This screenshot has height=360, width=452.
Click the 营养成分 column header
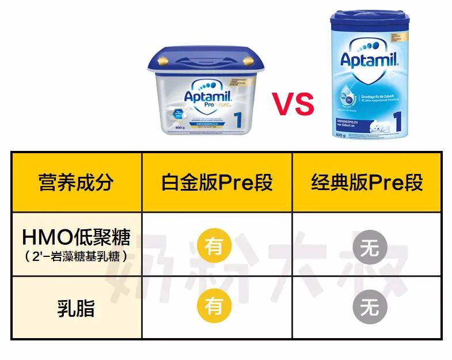(x=76, y=182)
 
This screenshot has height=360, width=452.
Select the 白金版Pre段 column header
(x=217, y=182)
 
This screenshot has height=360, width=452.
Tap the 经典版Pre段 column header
(x=367, y=182)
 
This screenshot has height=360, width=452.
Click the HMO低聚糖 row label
(x=76, y=237)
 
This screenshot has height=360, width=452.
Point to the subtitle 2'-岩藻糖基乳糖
(x=76, y=256)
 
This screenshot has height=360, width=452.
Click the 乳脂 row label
(x=76, y=308)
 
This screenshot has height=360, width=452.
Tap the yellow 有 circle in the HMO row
(x=214, y=246)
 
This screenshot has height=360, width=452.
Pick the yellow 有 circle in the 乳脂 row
(x=214, y=306)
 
